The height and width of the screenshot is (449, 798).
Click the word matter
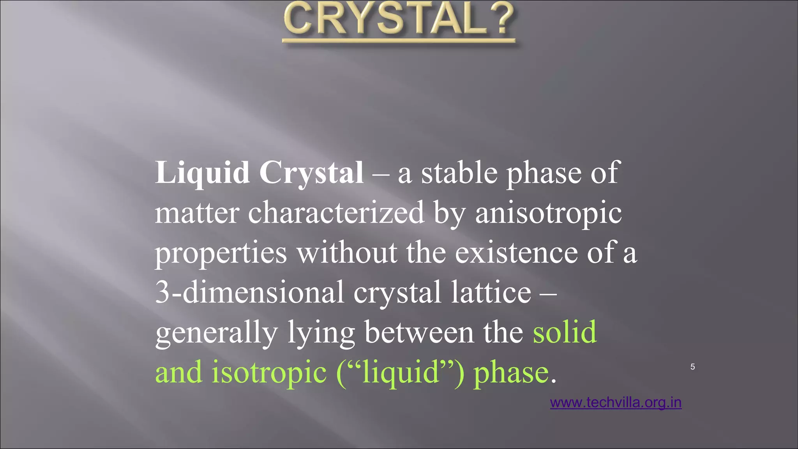click(x=197, y=213)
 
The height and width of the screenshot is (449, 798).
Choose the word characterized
click(x=336, y=213)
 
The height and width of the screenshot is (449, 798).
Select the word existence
click(x=516, y=253)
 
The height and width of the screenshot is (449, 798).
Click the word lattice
click(x=491, y=292)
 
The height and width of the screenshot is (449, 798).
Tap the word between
click(x=419, y=332)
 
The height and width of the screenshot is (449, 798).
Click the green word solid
click(x=565, y=332)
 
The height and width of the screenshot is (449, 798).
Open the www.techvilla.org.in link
click(x=616, y=402)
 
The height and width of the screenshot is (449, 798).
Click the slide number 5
click(x=692, y=367)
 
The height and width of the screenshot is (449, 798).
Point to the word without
click(x=347, y=253)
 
